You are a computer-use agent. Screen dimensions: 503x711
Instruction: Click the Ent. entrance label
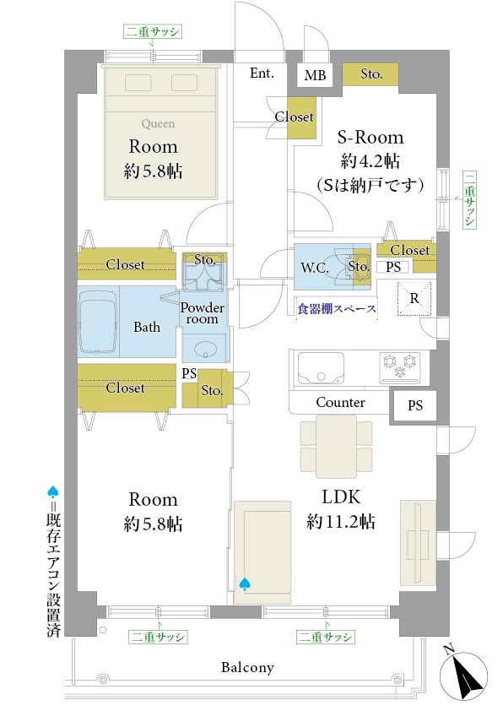[262, 73]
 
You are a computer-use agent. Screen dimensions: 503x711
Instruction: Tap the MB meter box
[315, 74]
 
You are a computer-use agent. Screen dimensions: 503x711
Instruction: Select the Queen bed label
[158, 123]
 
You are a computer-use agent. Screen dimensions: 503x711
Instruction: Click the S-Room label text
[370, 137]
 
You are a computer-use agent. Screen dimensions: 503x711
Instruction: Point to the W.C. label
[315, 268]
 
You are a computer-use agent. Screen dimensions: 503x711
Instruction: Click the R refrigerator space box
[414, 298]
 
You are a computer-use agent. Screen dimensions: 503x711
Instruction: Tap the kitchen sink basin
[321, 367]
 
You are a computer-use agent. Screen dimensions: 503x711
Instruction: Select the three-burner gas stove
[400, 366]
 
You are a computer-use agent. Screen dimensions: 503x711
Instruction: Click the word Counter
[340, 402]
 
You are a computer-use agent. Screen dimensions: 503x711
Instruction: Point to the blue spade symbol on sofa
[244, 584]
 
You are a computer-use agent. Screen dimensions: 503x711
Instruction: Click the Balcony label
[247, 667]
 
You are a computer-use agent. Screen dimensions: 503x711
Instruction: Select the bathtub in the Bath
[99, 322]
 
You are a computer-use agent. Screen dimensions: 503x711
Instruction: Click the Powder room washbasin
[205, 349]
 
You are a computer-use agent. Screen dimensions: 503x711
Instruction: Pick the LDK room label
[341, 497]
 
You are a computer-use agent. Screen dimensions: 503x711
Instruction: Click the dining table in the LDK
[336, 447]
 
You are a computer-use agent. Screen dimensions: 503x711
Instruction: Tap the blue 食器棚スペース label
[337, 309]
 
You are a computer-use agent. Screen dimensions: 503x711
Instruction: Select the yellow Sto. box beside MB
[370, 73]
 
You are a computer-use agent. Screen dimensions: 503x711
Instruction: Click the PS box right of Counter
[414, 405]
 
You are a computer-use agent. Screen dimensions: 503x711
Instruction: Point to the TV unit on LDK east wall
[418, 543]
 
